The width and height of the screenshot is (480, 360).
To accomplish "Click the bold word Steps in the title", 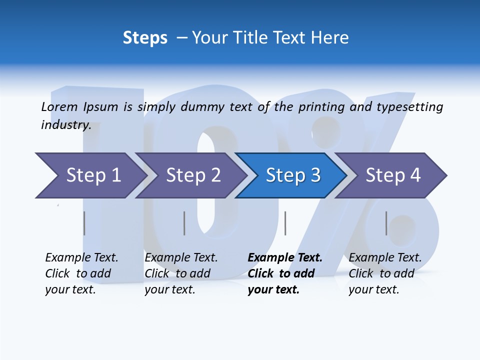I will coord(145,38).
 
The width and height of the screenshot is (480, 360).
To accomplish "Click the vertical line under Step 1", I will coord(84,223).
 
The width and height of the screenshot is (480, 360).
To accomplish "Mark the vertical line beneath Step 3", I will coord(285,223).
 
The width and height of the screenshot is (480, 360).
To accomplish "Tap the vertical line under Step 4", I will coord(386,223).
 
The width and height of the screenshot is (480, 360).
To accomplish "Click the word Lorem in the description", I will coord(59,106).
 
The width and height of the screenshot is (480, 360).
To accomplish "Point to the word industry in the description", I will coord(65,124).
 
